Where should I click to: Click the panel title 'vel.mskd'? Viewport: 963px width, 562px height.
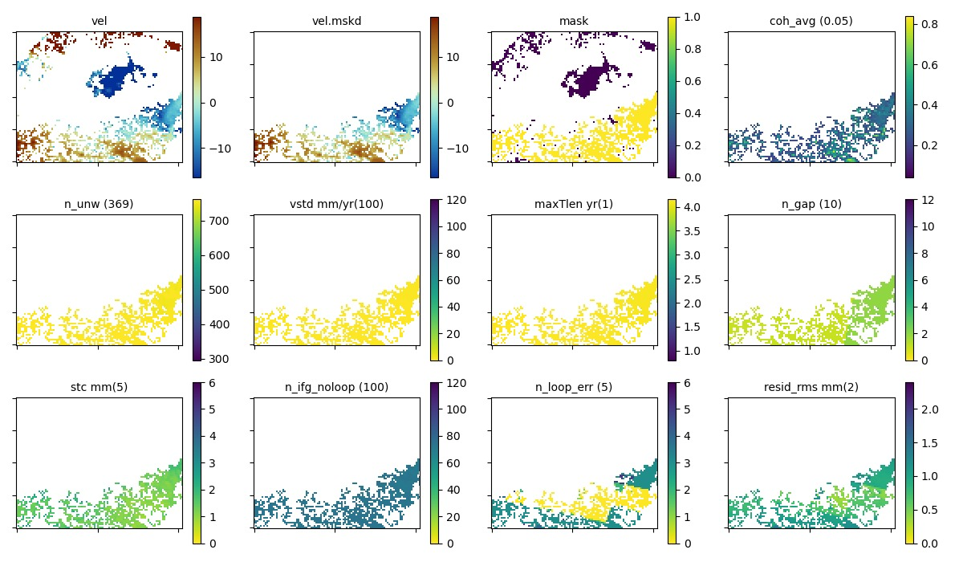336,21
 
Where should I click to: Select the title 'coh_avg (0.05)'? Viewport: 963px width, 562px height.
811,21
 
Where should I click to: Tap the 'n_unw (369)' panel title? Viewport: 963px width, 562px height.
99,204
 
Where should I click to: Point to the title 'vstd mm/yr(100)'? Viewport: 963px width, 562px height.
336,204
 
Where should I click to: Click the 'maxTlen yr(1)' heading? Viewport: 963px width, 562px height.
574,204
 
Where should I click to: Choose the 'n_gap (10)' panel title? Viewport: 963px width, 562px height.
811,204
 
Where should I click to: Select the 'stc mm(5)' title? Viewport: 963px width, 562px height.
99,387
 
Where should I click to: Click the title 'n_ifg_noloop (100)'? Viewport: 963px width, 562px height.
336,387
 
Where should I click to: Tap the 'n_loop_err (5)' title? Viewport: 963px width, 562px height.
574,387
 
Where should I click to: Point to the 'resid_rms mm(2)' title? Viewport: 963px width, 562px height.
811,387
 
